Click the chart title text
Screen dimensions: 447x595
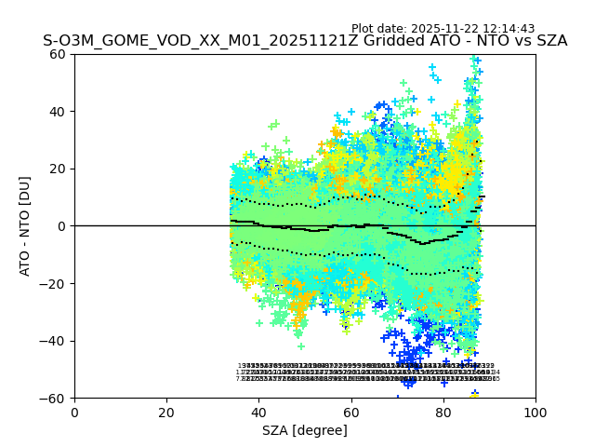click(x=305, y=41)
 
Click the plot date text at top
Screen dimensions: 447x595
click(x=443, y=29)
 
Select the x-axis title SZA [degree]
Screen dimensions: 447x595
click(x=305, y=430)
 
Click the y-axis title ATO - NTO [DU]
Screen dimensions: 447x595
click(x=25, y=226)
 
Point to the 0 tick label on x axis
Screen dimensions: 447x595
click(x=74, y=412)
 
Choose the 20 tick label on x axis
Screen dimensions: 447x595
click(x=166, y=412)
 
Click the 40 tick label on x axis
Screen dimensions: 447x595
click(x=258, y=412)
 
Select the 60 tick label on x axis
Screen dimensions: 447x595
click(x=351, y=412)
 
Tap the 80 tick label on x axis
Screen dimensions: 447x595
click(x=443, y=412)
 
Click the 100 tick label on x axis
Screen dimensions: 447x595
click(x=535, y=412)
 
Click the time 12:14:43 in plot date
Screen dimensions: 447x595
click(x=509, y=29)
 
